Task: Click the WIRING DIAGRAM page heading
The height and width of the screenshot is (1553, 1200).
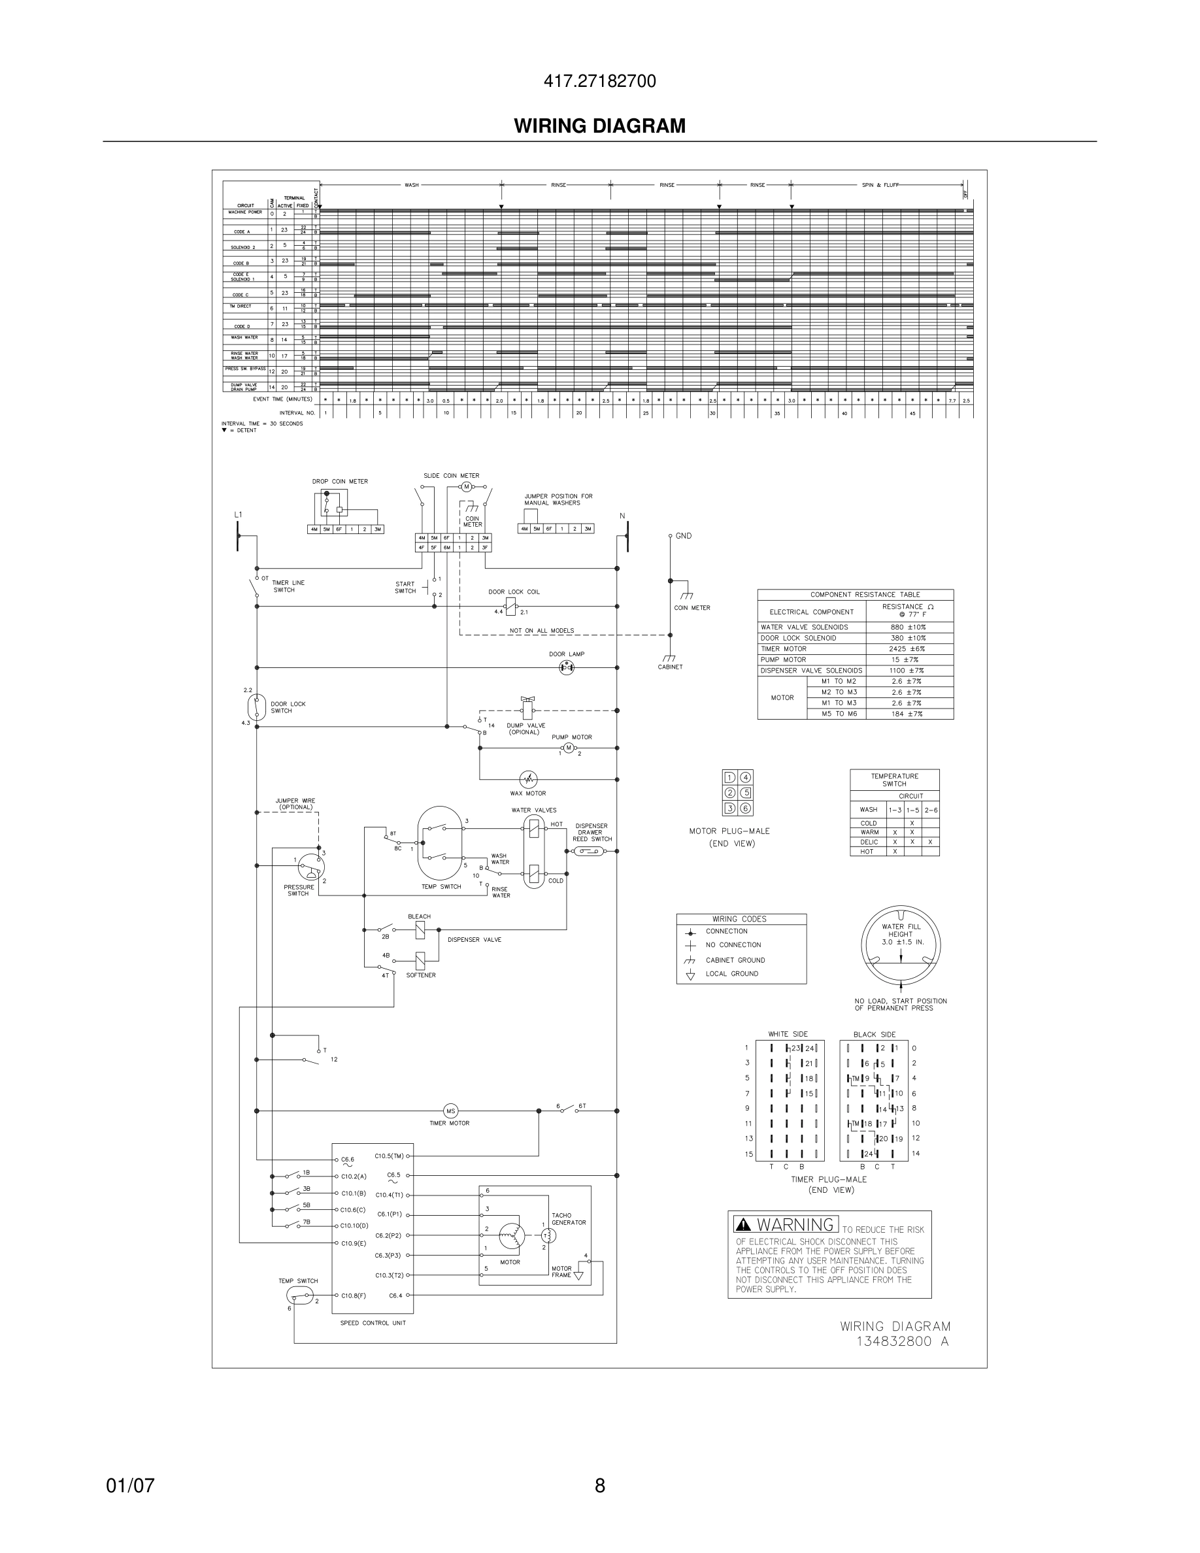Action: point(599,126)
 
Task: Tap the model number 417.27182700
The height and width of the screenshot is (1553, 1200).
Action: point(599,81)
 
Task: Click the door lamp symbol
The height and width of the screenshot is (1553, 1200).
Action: point(567,668)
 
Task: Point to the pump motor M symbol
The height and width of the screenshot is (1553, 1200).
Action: point(568,747)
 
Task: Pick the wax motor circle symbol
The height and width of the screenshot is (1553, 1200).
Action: point(528,779)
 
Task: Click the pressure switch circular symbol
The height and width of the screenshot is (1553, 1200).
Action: point(310,865)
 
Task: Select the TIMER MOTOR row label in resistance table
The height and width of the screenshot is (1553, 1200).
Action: point(784,648)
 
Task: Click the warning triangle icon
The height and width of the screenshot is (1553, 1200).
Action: point(744,1224)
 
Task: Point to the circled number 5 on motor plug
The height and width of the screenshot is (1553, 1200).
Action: point(746,793)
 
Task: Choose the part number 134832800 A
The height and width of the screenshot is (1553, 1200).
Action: point(902,1342)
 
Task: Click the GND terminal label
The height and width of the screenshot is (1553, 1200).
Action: point(683,536)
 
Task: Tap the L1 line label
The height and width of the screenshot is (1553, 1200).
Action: point(238,514)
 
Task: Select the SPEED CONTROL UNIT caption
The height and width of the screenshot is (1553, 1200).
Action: point(373,1324)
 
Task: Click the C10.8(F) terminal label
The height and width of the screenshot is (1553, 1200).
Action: point(354,1295)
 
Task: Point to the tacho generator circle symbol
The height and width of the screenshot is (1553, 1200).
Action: point(550,1236)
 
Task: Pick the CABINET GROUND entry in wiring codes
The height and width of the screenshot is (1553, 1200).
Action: point(735,960)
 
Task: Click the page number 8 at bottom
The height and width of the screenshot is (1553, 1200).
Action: point(599,1486)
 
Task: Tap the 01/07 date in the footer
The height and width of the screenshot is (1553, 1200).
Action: point(130,1486)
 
